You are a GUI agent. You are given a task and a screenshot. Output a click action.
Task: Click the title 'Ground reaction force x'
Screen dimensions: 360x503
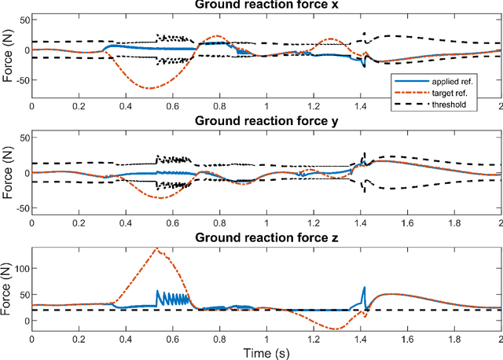(x=266, y=6)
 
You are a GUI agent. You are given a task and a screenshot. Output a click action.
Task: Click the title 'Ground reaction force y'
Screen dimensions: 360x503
(x=266, y=121)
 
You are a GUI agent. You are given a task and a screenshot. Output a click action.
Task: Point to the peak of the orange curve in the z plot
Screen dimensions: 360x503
(x=156, y=249)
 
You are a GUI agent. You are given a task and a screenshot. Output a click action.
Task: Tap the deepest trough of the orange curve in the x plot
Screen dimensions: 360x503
(x=149, y=88)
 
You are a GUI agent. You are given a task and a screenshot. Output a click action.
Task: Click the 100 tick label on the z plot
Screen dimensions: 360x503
(x=17, y=268)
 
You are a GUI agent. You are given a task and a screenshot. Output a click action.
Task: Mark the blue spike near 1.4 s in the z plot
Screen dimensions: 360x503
(x=364, y=288)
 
